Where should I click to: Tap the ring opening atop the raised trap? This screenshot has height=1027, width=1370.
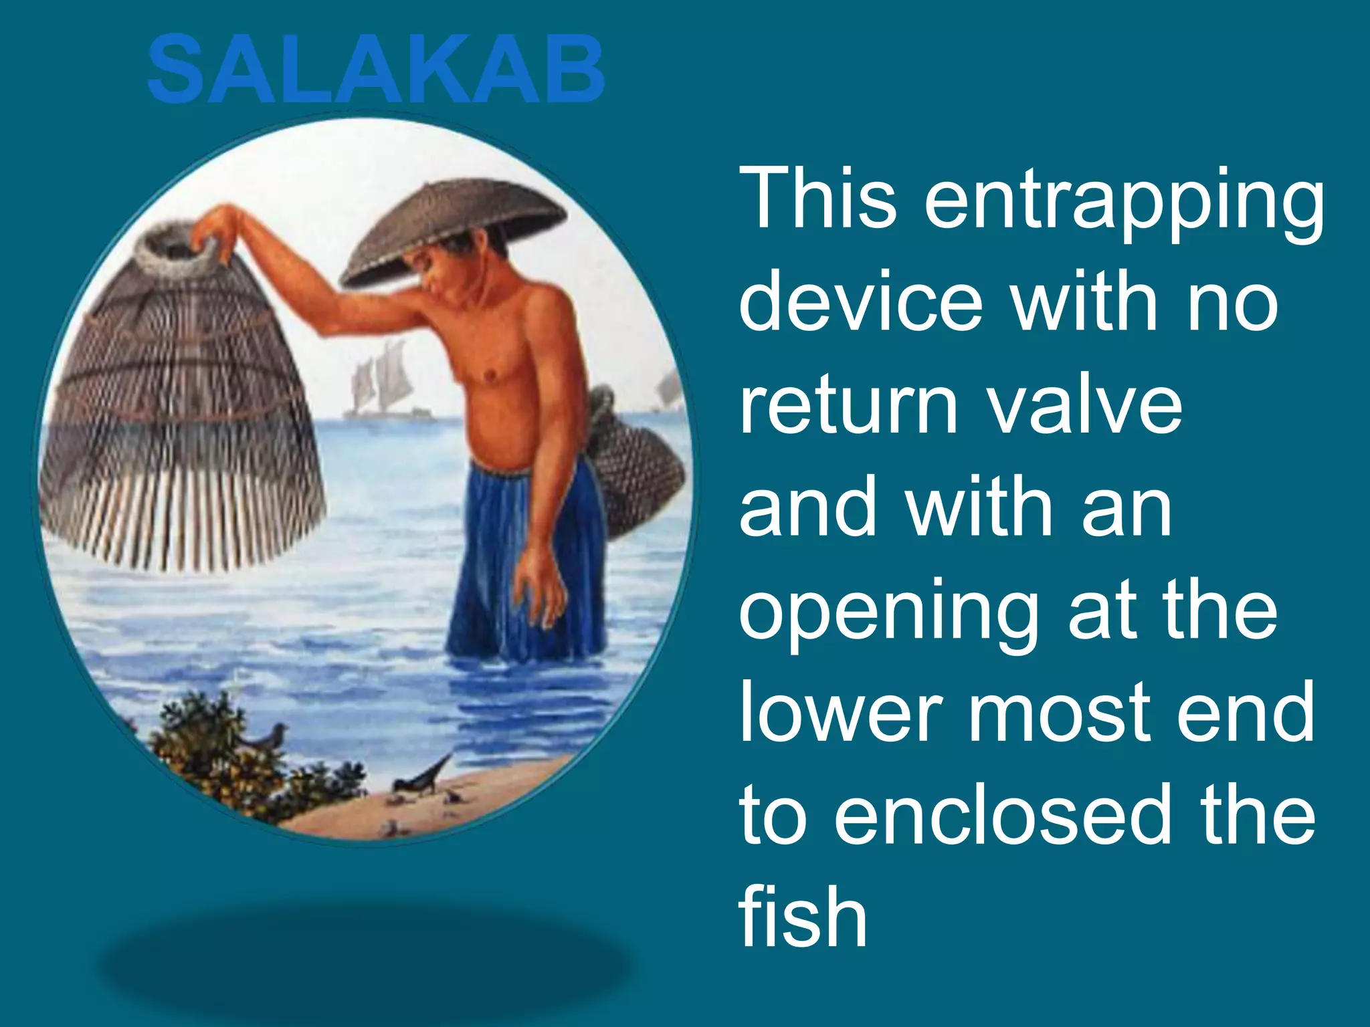point(177,251)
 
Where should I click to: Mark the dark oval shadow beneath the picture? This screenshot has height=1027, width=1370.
point(365,963)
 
